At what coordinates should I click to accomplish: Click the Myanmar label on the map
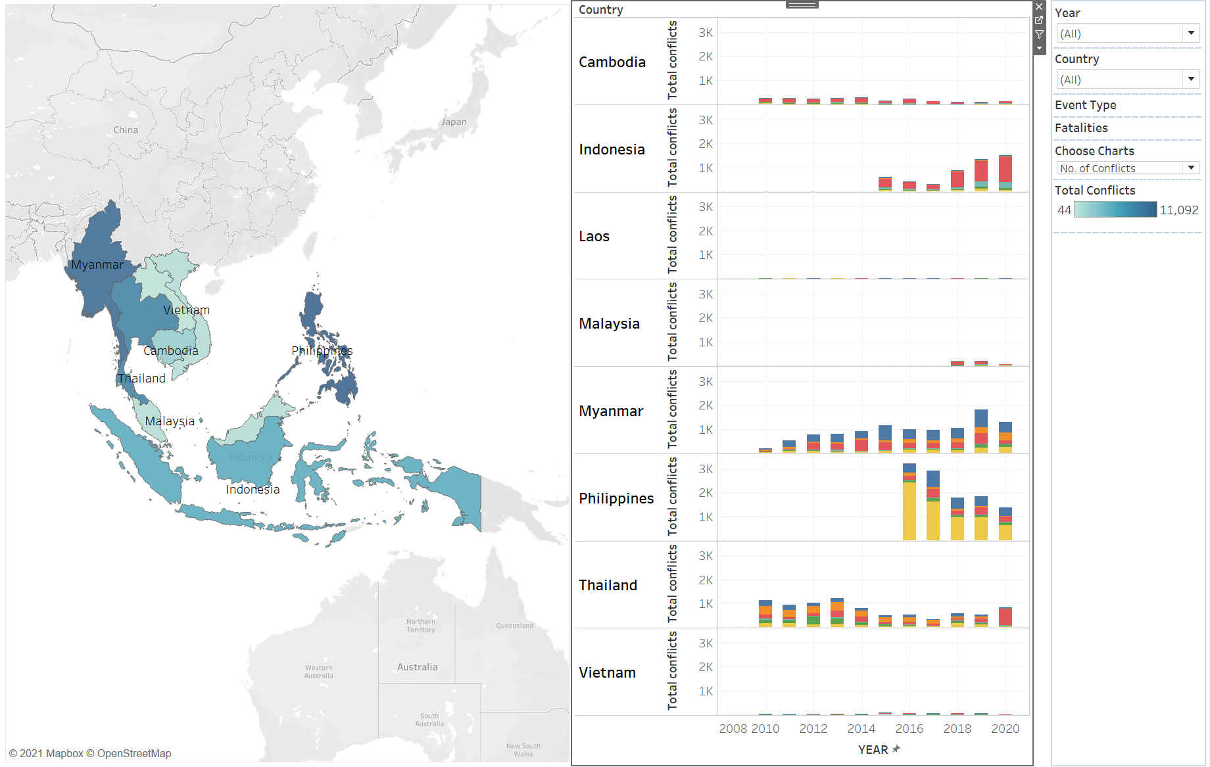(97, 265)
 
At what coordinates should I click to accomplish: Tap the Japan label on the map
(453, 122)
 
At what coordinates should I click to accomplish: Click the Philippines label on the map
(322, 350)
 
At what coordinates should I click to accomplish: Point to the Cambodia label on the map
(170, 351)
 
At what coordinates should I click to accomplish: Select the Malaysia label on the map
(170, 421)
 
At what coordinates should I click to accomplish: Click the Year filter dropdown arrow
(1191, 33)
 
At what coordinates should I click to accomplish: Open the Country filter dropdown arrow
(1191, 79)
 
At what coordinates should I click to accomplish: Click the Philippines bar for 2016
(909, 502)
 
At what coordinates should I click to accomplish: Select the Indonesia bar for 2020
(1005, 174)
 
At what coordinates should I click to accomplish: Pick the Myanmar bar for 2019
(981, 431)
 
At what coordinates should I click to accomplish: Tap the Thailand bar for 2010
(765, 613)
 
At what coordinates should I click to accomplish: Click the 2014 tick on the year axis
(861, 728)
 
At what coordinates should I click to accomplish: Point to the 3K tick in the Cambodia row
(705, 33)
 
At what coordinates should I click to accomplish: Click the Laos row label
(594, 237)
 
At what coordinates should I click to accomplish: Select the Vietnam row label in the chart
(607, 672)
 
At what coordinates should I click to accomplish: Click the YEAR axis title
(873, 750)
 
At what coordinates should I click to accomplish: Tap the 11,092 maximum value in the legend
(1178, 210)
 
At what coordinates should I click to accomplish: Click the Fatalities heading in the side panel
(1081, 128)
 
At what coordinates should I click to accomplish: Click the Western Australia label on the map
(318, 672)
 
